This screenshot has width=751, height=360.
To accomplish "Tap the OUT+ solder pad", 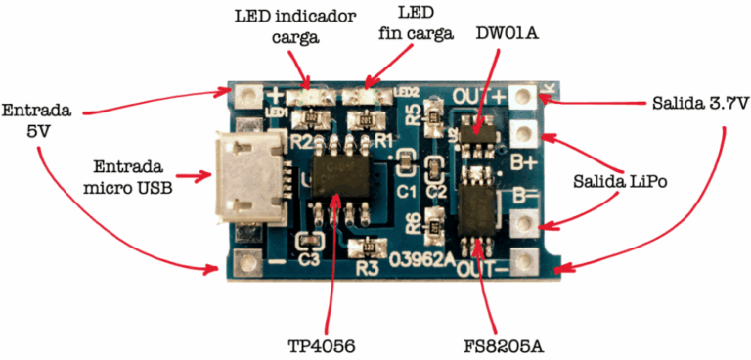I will [526, 96].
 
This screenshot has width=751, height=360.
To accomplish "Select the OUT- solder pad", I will [526, 261].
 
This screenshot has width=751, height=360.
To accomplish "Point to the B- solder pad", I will [526, 224].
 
